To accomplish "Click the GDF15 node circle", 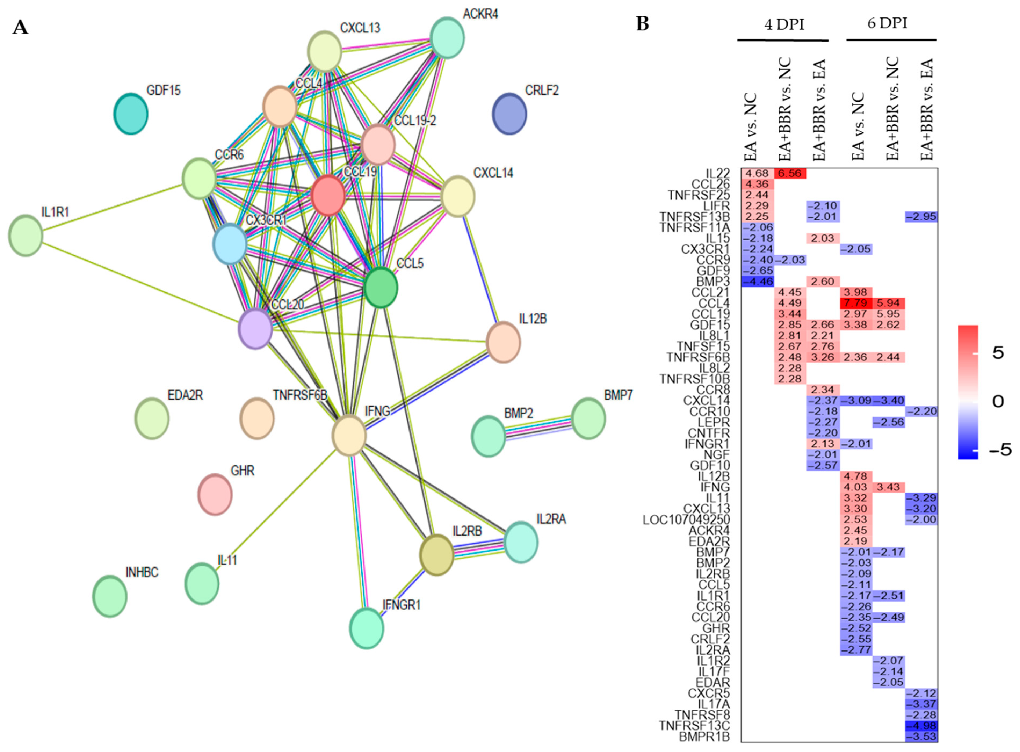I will pyautogui.click(x=131, y=114).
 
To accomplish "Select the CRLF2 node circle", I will pyautogui.click(x=509, y=114).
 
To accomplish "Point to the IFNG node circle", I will pyautogui.click(x=349, y=435).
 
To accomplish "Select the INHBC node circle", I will pyautogui.click(x=110, y=596).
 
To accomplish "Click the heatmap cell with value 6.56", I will pyautogui.click(x=790, y=173).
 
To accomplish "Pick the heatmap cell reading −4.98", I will pyautogui.click(x=921, y=726).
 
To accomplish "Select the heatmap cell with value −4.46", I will pyautogui.click(x=757, y=281).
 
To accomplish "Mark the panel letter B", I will pyautogui.click(x=642, y=24).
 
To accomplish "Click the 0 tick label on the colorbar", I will pyautogui.click(x=997, y=401).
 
